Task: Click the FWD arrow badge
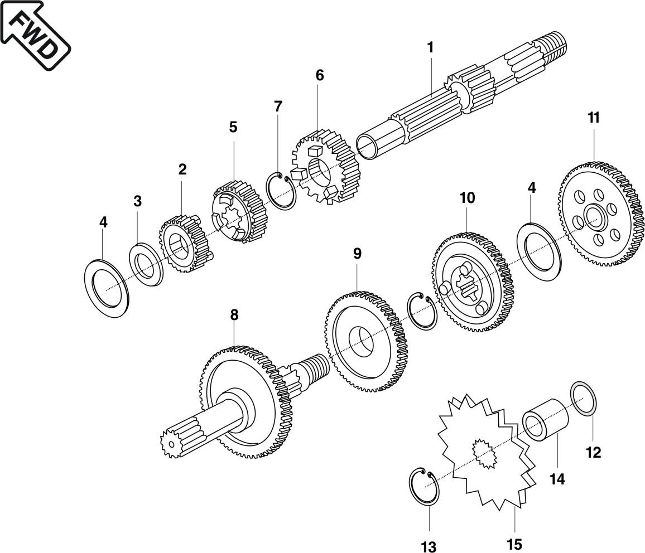[35, 35]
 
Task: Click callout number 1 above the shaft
[430, 48]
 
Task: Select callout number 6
[319, 75]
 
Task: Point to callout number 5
[233, 127]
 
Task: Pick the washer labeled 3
[146, 264]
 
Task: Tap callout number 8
[234, 315]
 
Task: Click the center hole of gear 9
[361, 341]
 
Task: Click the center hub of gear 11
[595, 218]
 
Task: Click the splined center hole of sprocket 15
[483, 453]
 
